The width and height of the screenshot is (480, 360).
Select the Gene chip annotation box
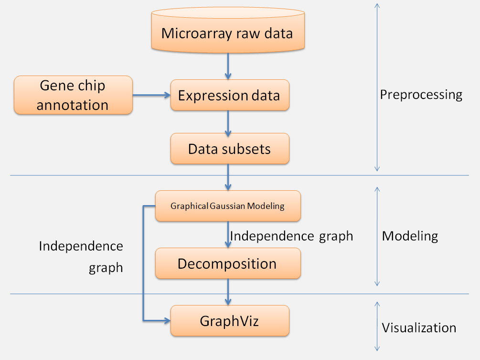coord(73,95)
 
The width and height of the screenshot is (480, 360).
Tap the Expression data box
coord(229,96)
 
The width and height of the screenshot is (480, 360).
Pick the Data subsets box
coord(229,149)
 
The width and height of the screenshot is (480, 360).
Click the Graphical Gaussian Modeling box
coord(228,206)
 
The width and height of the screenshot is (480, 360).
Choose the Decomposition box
coord(228,263)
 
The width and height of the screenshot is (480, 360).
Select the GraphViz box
coord(229,320)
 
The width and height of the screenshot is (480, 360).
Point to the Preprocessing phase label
coord(421,95)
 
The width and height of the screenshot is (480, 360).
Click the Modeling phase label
coord(410,236)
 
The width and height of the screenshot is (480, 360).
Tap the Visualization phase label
coord(418,328)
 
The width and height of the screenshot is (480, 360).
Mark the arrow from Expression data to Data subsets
coord(228,122)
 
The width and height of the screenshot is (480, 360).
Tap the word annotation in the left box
coord(73,105)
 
